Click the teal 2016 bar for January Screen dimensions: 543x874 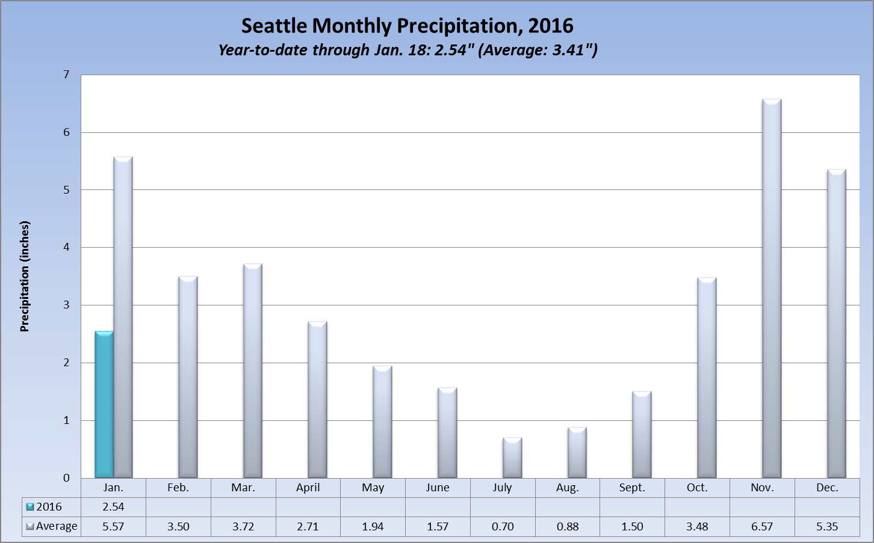104,405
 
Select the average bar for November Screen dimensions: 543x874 772,289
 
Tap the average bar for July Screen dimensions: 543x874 512,458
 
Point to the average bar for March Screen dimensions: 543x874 253,370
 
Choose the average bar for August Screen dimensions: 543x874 577,453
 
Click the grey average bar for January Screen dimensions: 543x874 123,318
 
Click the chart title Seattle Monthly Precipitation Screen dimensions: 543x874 408,26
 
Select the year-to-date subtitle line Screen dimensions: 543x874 408,50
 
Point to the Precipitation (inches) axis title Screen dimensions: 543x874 25,277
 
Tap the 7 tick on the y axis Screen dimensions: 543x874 66,75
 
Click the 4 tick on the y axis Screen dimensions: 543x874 66,247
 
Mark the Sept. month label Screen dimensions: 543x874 632,488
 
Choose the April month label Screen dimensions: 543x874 308,488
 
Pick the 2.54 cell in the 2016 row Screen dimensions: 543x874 113,507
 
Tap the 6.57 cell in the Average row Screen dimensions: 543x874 762,526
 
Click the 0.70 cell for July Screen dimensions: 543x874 503,526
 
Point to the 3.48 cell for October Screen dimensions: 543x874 697,526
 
